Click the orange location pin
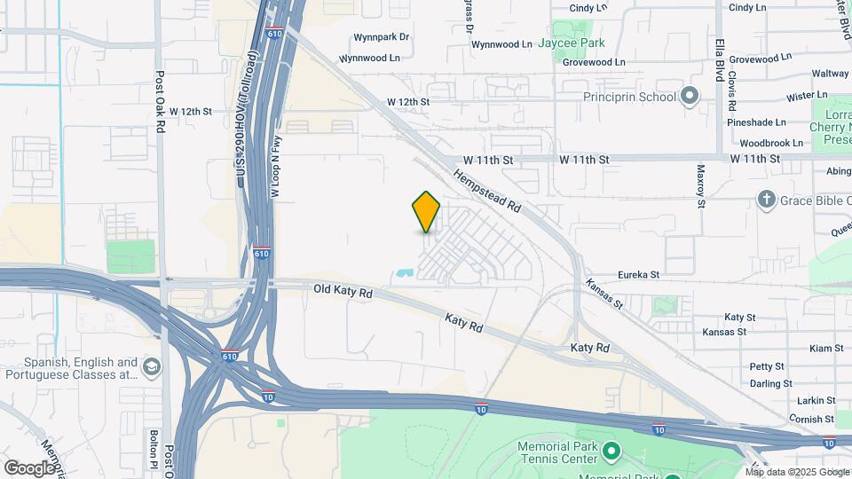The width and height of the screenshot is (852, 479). pos(426,212)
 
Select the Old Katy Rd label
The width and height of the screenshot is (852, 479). pos(343,290)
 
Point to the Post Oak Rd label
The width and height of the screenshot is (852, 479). pos(161,103)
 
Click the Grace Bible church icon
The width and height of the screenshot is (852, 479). pos(767,200)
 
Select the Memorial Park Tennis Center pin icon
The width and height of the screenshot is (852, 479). pos(611,452)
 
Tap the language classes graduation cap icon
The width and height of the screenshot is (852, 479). pos(152,367)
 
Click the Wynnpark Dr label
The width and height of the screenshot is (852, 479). pos(381,37)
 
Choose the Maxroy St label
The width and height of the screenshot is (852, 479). pos(700,185)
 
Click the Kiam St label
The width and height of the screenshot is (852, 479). pos(826,349)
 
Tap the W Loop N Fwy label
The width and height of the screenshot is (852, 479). pos(276,165)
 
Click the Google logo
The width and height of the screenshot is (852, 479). pos(29,467)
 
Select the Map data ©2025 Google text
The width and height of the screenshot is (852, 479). pos(797,472)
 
